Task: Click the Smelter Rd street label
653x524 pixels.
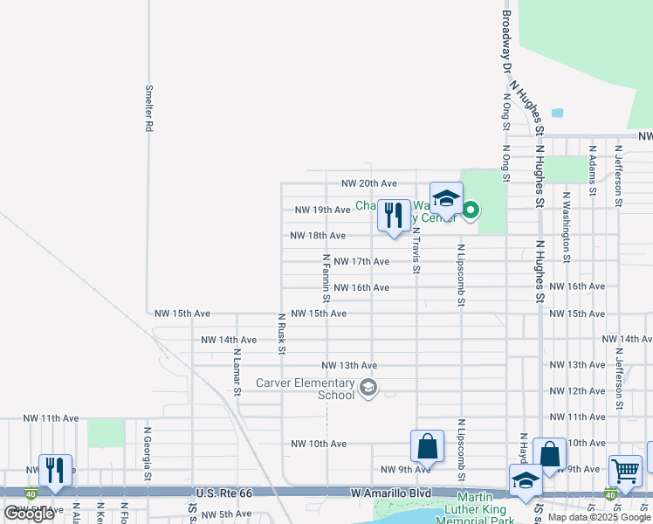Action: (149, 107)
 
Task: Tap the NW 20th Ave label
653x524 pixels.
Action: (368, 183)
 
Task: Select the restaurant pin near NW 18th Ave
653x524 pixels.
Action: (394, 217)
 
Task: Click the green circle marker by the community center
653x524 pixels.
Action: (471, 210)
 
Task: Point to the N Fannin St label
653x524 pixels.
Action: (326, 274)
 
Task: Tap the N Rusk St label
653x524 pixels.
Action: (282, 334)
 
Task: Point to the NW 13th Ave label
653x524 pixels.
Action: (349, 365)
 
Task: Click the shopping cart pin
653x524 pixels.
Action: (625, 472)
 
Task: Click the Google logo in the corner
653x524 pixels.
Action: (29, 514)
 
